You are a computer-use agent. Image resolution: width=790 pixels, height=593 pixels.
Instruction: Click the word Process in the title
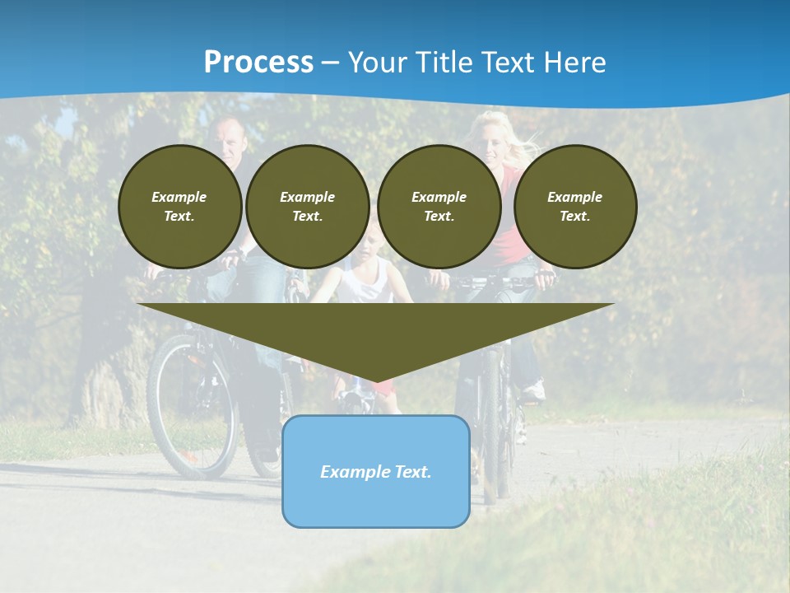(x=258, y=62)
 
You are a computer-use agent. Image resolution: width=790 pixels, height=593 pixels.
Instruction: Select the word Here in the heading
(x=573, y=62)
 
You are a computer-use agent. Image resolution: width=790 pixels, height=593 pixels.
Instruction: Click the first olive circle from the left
(x=179, y=206)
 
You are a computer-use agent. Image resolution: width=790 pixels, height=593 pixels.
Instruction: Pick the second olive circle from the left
(x=307, y=206)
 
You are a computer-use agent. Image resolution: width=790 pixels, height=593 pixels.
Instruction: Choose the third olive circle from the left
(x=439, y=206)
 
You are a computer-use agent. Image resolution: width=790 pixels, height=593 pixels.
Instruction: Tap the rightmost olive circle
(x=574, y=206)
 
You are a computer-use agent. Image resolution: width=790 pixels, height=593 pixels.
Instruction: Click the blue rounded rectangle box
(x=375, y=498)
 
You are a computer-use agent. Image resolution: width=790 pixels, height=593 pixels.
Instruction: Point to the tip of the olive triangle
(x=376, y=381)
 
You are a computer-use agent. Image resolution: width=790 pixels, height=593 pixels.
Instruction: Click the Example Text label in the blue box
(x=375, y=472)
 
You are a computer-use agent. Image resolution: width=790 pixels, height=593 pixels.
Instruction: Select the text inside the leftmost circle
(x=179, y=206)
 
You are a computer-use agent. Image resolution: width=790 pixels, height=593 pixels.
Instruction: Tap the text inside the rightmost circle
(x=574, y=206)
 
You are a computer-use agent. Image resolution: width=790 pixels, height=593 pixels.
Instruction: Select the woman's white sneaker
(x=534, y=390)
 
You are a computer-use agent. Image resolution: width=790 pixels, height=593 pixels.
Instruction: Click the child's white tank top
(x=368, y=285)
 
